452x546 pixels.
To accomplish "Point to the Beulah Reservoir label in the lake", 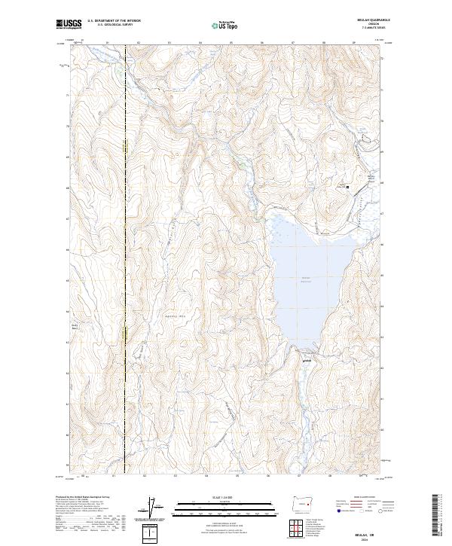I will [307, 279].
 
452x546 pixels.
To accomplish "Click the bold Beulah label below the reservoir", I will [307, 358].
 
